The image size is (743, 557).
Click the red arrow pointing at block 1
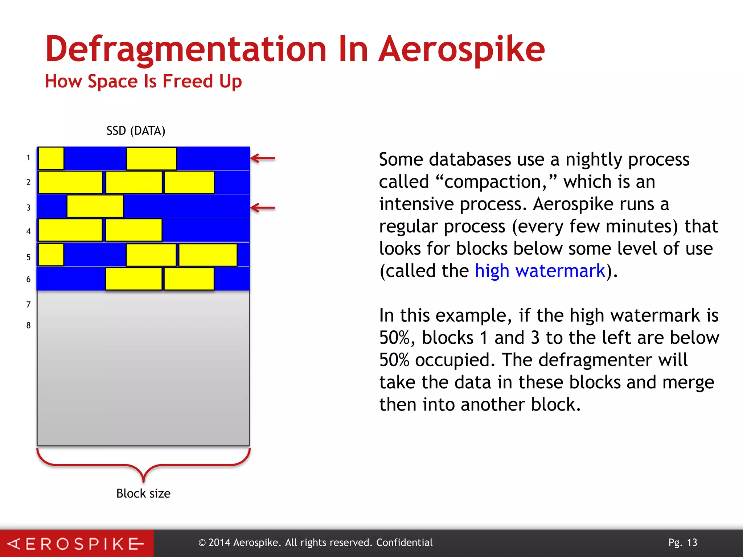tap(263, 158)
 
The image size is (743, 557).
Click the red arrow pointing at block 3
tap(263, 208)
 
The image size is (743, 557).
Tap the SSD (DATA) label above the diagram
tap(136, 131)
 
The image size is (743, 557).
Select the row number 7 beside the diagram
tap(28, 305)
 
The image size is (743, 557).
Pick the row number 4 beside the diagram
tap(28, 231)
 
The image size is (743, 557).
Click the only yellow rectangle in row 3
tap(95, 206)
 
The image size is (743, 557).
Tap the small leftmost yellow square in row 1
tap(51, 158)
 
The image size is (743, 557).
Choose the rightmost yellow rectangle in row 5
tap(208, 255)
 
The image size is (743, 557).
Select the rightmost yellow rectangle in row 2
tap(189, 182)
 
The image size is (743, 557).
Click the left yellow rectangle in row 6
tap(134, 278)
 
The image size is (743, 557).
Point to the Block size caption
tap(143, 494)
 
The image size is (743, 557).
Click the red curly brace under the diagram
tap(143, 466)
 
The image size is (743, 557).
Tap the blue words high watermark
tap(540, 271)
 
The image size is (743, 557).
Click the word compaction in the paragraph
tap(495, 182)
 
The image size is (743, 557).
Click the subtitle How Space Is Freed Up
tap(143, 81)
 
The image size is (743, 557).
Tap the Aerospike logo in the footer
tap(76, 544)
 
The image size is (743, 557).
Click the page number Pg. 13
tap(683, 542)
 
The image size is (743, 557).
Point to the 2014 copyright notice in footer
tap(315, 542)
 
